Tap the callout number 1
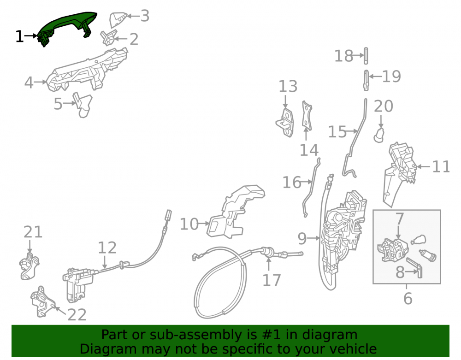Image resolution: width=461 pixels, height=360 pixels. point(19,37)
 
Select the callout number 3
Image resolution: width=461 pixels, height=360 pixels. point(145,16)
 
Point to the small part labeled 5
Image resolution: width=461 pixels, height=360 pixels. point(83,105)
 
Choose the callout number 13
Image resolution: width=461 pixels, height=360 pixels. point(288,86)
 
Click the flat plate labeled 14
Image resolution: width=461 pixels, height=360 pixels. point(307,116)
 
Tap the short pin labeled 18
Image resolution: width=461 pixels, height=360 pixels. point(366,55)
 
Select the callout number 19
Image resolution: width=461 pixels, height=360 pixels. point(391,77)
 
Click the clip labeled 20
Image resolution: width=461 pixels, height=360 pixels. point(379,135)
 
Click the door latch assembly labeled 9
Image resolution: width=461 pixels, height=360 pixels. point(343,235)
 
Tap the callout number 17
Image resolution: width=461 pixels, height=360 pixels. point(272,280)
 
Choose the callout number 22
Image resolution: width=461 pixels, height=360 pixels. point(77,315)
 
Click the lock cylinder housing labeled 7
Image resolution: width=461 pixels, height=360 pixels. point(392,250)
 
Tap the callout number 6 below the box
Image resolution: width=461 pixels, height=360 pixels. point(408,299)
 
